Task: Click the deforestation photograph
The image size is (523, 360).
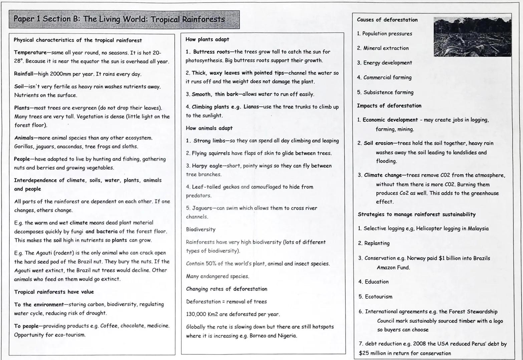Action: pyautogui.click(x=472, y=37)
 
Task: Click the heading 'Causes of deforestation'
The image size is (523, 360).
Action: pyautogui.click(x=387, y=20)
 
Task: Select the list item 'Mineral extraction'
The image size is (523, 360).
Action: pyautogui.click(x=386, y=48)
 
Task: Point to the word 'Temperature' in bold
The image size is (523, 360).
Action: pyautogui.click(x=30, y=53)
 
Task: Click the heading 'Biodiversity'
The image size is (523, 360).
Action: pyautogui.click(x=201, y=229)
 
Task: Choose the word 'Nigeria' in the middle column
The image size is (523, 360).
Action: pyautogui.click(x=287, y=336)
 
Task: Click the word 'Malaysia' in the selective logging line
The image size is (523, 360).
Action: pyautogui.click(x=478, y=228)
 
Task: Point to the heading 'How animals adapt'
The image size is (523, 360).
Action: pyautogui.click(x=209, y=128)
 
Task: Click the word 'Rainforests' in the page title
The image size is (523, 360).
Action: pyautogui.click(x=203, y=19)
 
